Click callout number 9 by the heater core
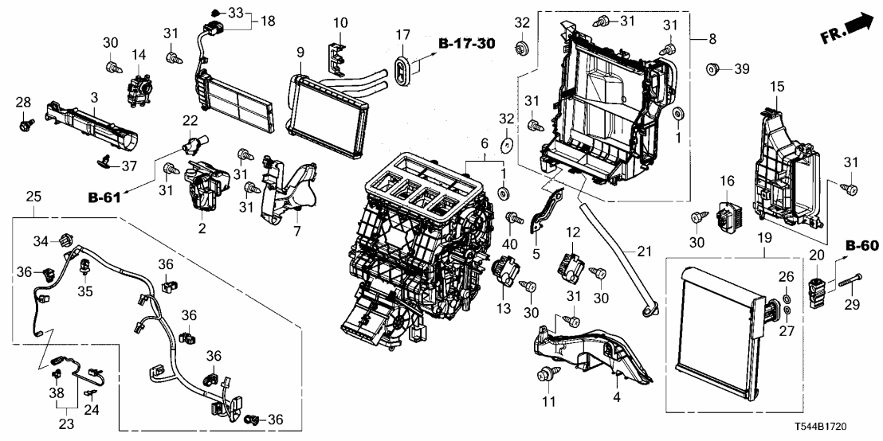tap(300, 53)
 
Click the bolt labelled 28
tap(26, 125)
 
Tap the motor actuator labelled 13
tap(505, 271)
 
